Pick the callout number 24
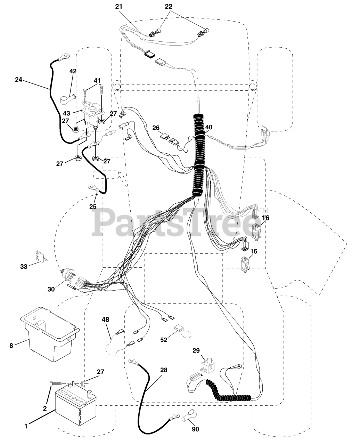(19, 79)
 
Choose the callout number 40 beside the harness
(208, 127)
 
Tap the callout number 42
(73, 71)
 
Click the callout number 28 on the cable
(164, 370)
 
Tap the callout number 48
(105, 319)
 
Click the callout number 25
(93, 206)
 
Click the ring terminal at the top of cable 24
(65, 55)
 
